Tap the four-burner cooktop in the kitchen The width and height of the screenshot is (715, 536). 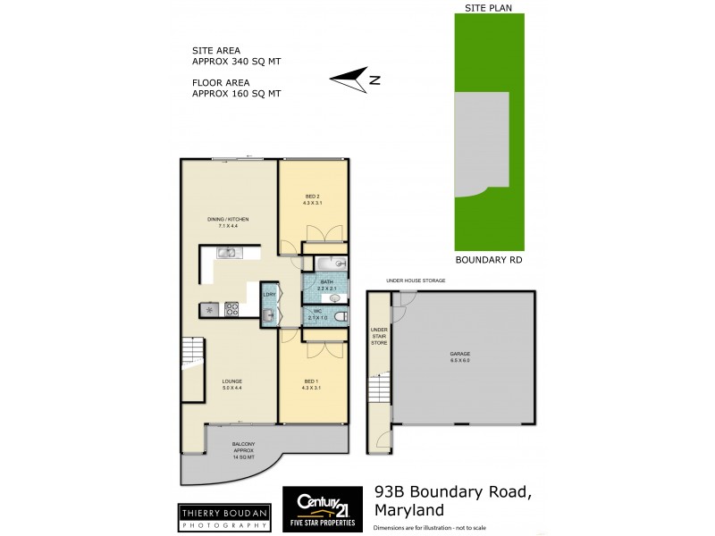(x=231, y=310)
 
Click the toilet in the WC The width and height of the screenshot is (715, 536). (x=337, y=314)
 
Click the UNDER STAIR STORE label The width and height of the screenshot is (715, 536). (x=379, y=336)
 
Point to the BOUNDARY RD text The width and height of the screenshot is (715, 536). (x=488, y=261)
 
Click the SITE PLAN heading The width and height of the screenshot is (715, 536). (x=487, y=7)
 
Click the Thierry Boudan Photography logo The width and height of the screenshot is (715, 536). (x=223, y=518)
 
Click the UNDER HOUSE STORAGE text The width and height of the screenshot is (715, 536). (x=416, y=281)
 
